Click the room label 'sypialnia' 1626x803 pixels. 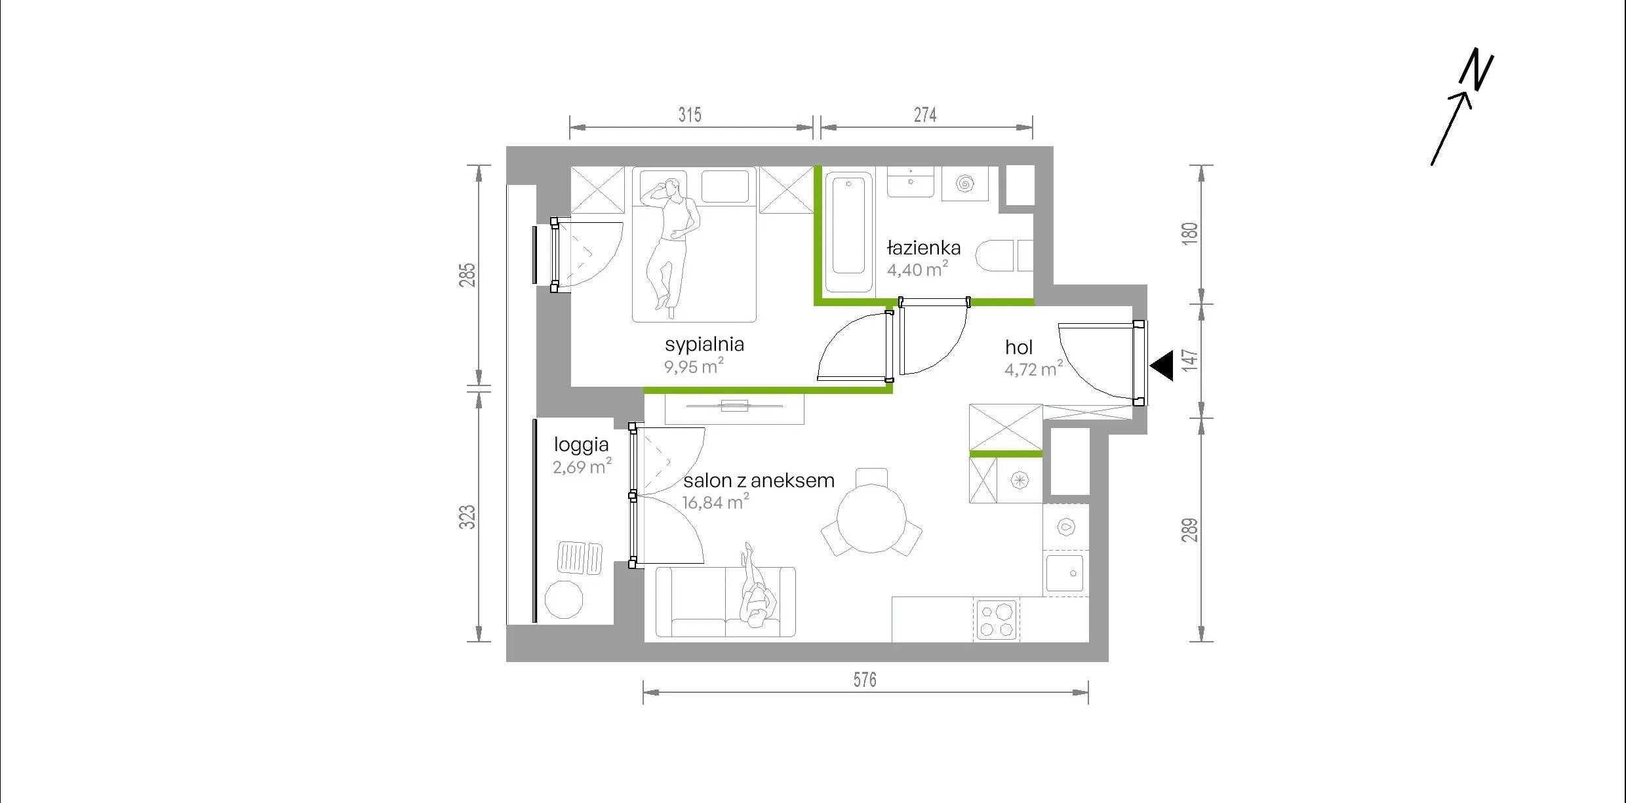coord(704,345)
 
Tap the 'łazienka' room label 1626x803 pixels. coord(924,248)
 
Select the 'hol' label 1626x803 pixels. coord(1019,347)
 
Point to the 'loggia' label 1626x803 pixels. coord(582,446)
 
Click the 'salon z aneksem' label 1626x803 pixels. coord(759,480)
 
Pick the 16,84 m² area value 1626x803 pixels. coord(715,502)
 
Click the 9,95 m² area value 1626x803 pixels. coord(694,366)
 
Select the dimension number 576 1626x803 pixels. coord(865,680)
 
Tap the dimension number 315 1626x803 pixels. coord(690,115)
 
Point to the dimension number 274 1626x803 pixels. coord(925,115)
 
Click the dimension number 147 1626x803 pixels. coord(1190,360)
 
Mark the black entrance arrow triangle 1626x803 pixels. coord(1162,366)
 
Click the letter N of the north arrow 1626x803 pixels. coord(1476,69)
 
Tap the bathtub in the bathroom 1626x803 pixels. coord(848,232)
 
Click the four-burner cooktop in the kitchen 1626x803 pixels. coord(996,620)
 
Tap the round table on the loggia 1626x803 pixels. coord(564,599)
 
